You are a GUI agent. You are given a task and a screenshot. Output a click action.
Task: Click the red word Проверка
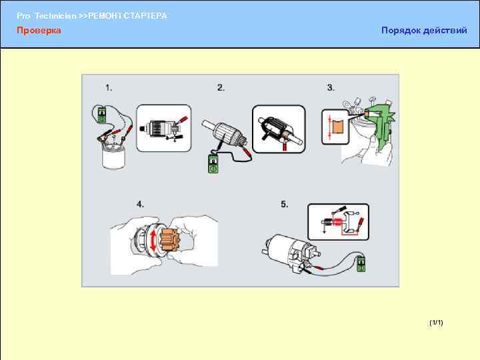click(x=39, y=30)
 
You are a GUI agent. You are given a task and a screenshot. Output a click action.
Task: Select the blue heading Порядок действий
click(x=424, y=30)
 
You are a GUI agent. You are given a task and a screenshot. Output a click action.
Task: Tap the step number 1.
click(x=109, y=87)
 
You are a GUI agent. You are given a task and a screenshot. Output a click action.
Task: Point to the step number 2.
click(x=221, y=87)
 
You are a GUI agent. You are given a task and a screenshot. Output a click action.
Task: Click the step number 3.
click(x=331, y=87)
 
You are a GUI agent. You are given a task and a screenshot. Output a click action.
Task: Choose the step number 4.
click(x=140, y=204)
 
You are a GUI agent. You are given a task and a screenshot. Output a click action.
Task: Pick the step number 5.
click(x=285, y=204)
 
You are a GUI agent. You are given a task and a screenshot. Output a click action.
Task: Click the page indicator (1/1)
click(x=436, y=323)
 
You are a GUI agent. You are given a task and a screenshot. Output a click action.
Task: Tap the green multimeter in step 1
click(x=101, y=115)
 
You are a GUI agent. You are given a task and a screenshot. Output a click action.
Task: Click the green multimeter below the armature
click(x=213, y=164)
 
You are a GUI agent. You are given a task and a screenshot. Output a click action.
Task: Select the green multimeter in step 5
click(x=361, y=264)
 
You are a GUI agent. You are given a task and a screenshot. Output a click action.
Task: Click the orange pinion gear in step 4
click(x=169, y=240)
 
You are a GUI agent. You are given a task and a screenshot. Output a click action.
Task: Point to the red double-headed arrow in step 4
click(x=153, y=241)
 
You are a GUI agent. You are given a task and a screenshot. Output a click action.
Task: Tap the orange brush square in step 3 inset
click(x=338, y=127)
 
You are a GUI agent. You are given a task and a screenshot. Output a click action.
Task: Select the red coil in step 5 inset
click(x=337, y=222)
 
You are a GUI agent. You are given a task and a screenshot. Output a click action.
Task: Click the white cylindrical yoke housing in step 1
click(x=113, y=157)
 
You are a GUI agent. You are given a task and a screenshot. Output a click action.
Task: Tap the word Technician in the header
click(x=55, y=16)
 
